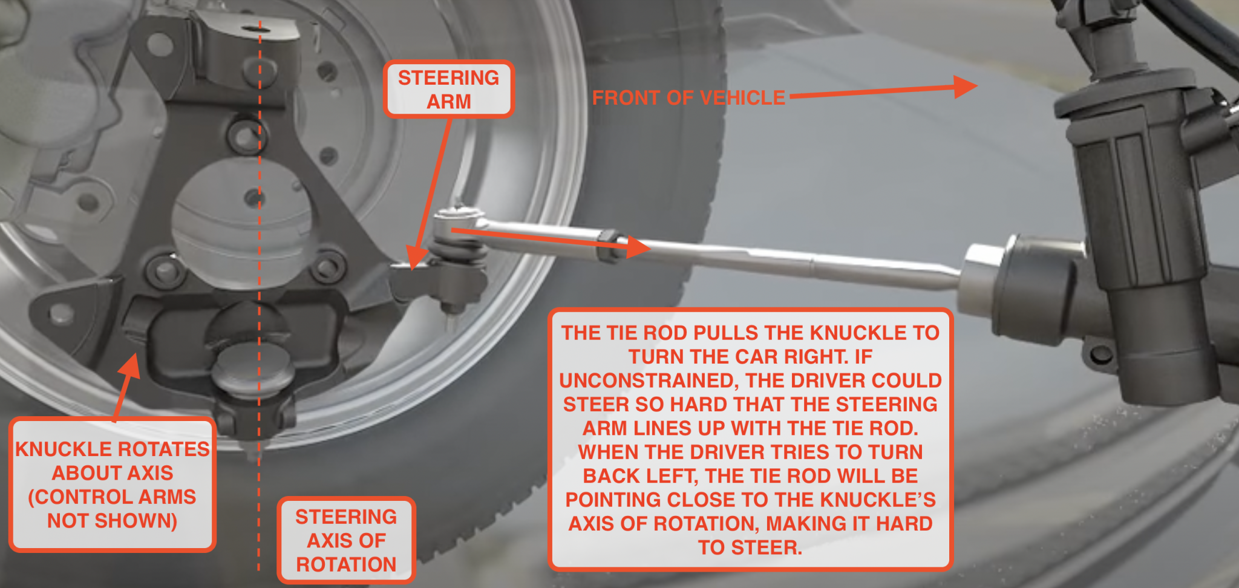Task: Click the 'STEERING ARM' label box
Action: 448,89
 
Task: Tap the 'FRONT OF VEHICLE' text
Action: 688,97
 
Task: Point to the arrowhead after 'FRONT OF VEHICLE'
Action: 964,87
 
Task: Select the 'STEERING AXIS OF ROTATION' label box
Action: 346,540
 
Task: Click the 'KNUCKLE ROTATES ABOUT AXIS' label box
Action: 113,484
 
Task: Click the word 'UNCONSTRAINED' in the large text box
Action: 649,381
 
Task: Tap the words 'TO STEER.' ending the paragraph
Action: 750,547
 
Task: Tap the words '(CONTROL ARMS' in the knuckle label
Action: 113,497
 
